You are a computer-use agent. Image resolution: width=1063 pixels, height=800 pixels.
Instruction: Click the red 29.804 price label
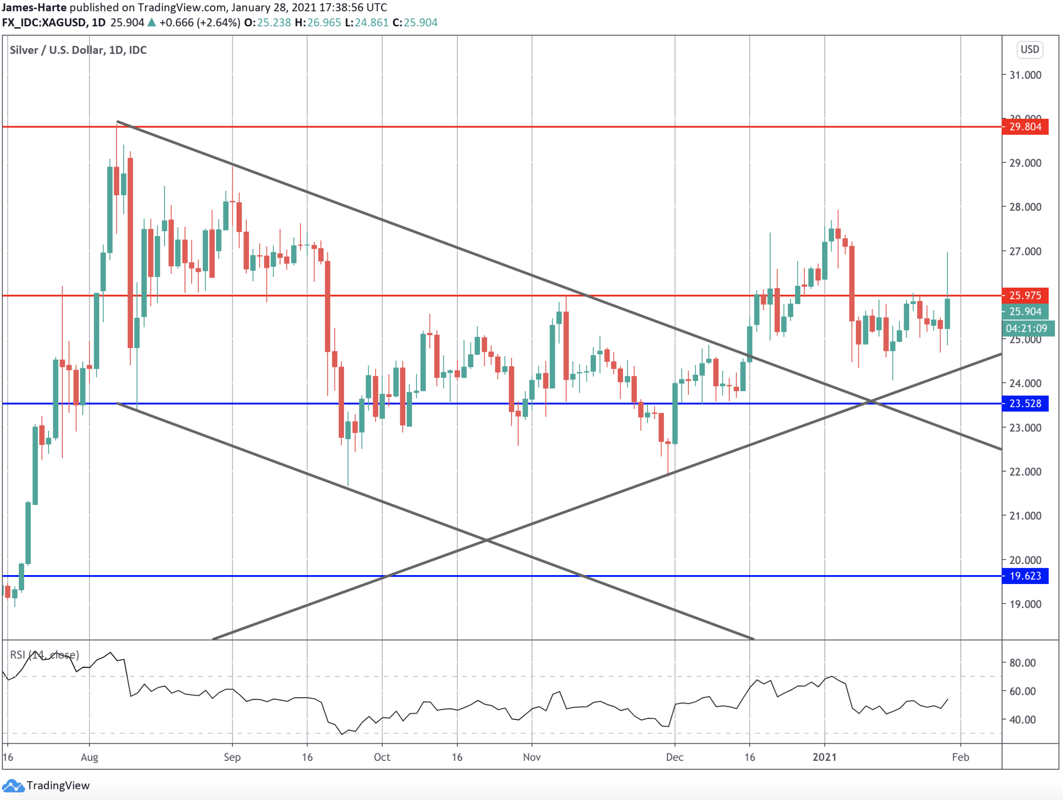1025,127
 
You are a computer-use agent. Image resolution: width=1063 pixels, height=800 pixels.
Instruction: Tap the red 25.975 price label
1025,295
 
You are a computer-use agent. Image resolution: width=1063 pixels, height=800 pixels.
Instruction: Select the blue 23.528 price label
1025,403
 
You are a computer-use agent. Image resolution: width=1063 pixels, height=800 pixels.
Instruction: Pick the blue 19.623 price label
1025,576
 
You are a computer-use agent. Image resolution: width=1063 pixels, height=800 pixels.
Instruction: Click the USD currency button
1029,49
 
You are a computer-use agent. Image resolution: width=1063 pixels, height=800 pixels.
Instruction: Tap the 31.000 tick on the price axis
1025,75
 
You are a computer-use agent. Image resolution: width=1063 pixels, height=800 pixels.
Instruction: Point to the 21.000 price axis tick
1025,516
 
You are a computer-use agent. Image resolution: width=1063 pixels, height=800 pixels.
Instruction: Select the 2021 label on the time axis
824,757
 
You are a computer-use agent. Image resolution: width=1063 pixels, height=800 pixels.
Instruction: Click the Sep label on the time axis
232,757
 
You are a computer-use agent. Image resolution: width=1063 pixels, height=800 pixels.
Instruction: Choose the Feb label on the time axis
960,757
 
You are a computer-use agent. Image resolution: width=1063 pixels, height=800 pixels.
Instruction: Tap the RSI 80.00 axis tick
1022,663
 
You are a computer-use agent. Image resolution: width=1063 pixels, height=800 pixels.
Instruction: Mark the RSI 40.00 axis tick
1022,720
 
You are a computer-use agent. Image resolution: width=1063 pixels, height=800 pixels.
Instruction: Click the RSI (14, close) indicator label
44,655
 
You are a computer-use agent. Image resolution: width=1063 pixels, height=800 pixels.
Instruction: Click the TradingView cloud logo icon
13,786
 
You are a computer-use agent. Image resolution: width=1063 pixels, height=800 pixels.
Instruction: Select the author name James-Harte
34,7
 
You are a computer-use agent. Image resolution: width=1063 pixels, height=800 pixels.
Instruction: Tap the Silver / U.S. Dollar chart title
78,50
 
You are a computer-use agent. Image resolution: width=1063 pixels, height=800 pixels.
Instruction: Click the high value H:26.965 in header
318,23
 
